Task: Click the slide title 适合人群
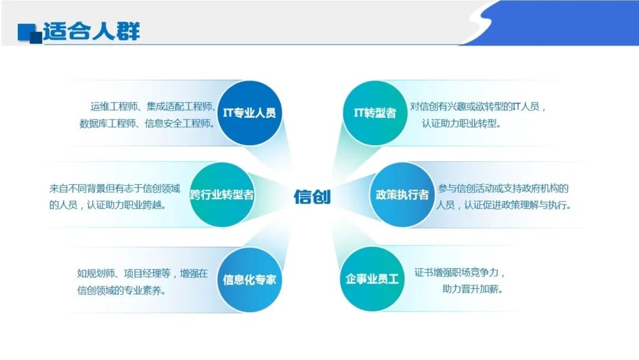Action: [x=92, y=30]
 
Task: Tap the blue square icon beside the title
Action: [x=28, y=32]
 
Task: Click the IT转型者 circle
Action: [x=375, y=113]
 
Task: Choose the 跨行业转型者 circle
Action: [x=222, y=194]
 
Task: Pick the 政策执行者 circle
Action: [x=402, y=194]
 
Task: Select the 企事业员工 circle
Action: [x=372, y=279]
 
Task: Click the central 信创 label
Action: [x=312, y=197]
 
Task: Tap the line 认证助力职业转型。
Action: [x=461, y=124]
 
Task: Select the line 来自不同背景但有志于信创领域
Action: [x=115, y=189]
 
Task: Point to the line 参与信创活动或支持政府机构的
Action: [x=504, y=188]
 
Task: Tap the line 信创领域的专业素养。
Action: [x=121, y=290]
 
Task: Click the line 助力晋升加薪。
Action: [x=472, y=290]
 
